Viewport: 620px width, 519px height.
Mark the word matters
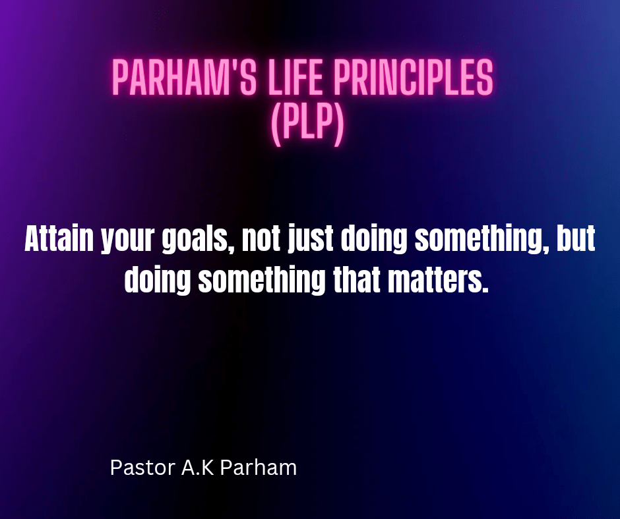tap(438, 281)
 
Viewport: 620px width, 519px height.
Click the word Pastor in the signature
tap(142, 468)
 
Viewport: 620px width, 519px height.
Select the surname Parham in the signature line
tap(258, 467)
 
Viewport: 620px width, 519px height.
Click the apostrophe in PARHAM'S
tap(232, 66)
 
